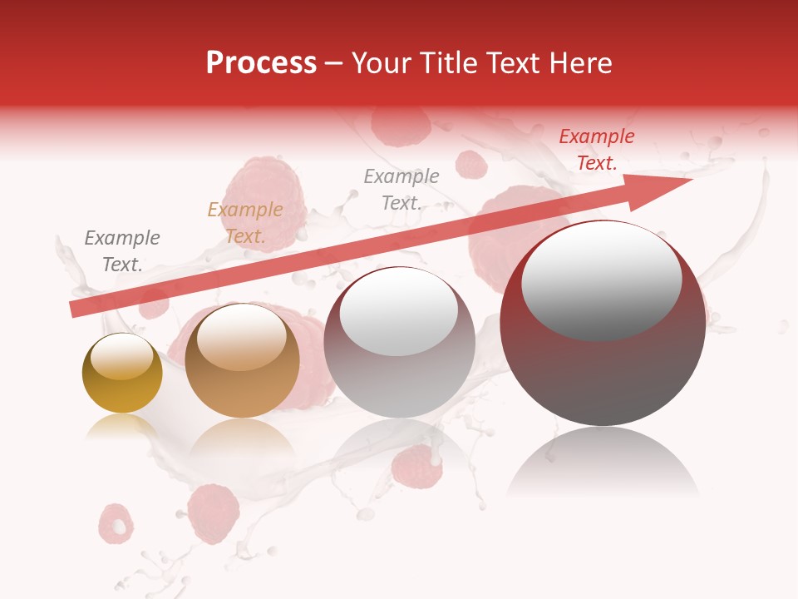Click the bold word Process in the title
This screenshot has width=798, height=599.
(x=261, y=63)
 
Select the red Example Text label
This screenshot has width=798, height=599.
(x=596, y=150)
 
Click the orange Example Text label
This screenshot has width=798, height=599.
(x=244, y=223)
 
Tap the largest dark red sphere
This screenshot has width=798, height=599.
(x=603, y=366)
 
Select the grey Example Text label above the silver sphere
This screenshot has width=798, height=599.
(x=401, y=189)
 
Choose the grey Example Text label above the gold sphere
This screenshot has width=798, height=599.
(x=121, y=250)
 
